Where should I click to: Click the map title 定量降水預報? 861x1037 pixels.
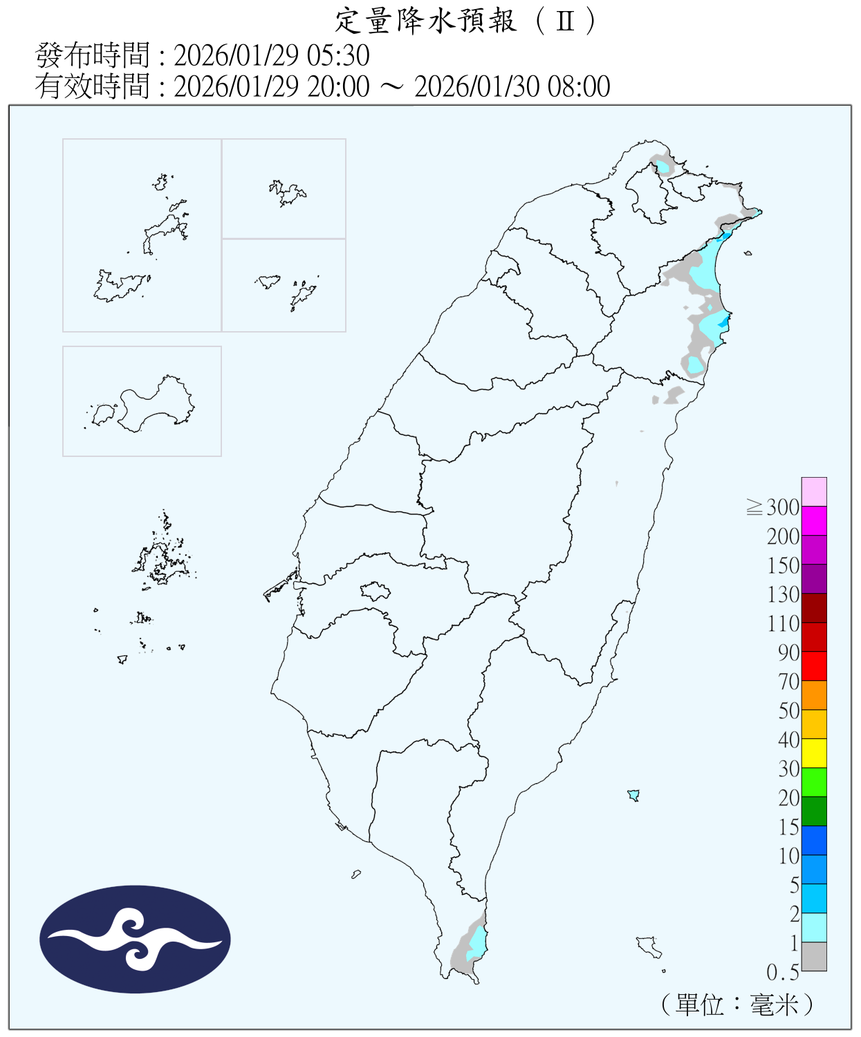(x=425, y=21)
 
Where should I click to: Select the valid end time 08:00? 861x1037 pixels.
(x=579, y=86)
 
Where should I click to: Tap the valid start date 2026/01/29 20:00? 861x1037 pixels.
(x=271, y=86)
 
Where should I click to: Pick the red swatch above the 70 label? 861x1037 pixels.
(x=814, y=666)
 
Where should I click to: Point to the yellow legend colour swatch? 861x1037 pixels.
(x=814, y=753)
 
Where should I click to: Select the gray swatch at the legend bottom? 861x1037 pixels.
(x=814, y=956)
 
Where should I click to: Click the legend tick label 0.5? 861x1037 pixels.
(x=782, y=973)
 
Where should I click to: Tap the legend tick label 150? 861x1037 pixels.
(x=783, y=566)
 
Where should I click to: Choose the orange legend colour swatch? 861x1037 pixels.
(x=814, y=695)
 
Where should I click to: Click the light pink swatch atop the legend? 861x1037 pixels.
(x=814, y=492)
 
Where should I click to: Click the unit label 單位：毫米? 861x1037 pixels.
(x=737, y=1005)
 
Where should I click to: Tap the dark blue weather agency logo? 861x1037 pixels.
(x=135, y=939)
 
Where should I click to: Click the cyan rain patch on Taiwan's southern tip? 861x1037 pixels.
(x=476, y=942)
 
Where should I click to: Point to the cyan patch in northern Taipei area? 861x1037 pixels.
(x=663, y=167)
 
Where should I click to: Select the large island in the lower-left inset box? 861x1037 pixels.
(x=156, y=404)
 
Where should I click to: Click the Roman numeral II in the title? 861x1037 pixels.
(x=565, y=21)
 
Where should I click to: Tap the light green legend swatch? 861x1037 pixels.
(x=814, y=782)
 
